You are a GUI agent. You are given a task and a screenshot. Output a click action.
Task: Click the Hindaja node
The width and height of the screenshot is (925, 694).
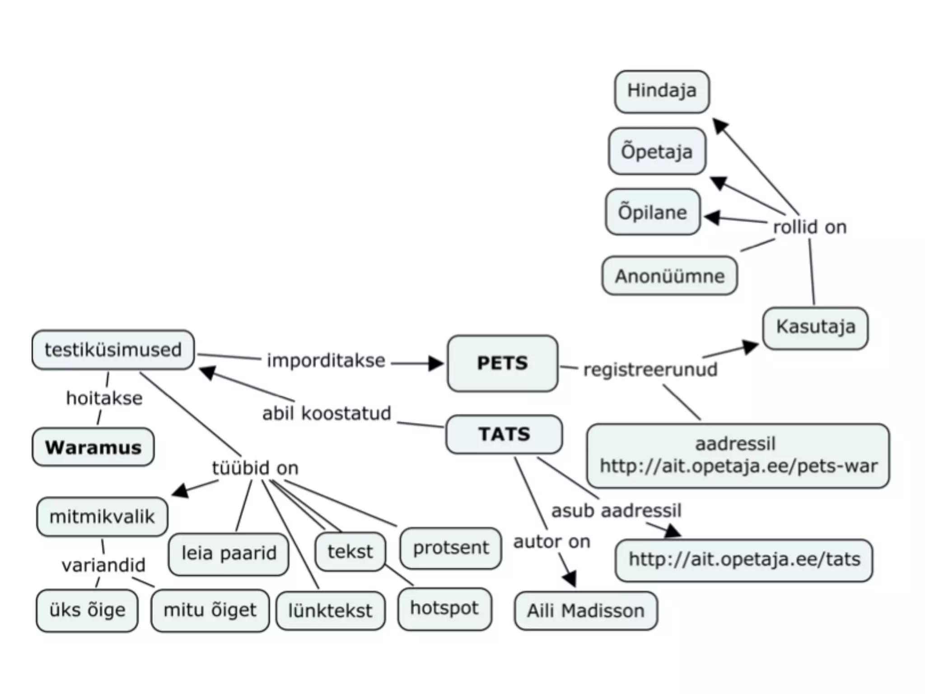tap(662, 91)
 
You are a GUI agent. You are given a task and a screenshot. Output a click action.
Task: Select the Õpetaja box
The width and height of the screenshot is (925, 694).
tap(657, 151)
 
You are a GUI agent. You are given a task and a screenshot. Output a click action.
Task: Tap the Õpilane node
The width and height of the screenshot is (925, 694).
tap(653, 212)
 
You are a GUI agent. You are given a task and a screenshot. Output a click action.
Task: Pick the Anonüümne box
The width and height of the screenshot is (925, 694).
tap(669, 276)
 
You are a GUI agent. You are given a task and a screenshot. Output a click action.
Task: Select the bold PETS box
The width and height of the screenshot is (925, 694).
tap(502, 363)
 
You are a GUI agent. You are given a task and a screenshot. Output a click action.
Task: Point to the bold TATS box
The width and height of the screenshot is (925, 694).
tap(504, 434)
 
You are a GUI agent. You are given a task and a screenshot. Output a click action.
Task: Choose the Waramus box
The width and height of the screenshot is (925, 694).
tap(93, 447)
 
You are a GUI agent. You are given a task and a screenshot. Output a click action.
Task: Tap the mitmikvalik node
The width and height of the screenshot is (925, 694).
tap(102, 517)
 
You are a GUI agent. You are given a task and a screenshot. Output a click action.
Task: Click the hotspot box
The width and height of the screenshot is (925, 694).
tap(444, 609)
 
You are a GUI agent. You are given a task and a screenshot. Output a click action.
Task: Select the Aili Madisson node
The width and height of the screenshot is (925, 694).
tap(585, 611)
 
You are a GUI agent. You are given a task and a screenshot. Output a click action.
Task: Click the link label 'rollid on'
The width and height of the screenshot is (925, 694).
tap(809, 227)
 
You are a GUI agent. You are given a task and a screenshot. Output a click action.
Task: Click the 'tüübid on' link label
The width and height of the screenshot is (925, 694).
tap(255, 468)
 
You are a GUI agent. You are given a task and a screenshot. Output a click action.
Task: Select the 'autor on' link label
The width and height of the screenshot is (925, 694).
tap(551, 542)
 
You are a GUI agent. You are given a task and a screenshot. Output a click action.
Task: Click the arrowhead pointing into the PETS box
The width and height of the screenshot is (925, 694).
tap(436, 363)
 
